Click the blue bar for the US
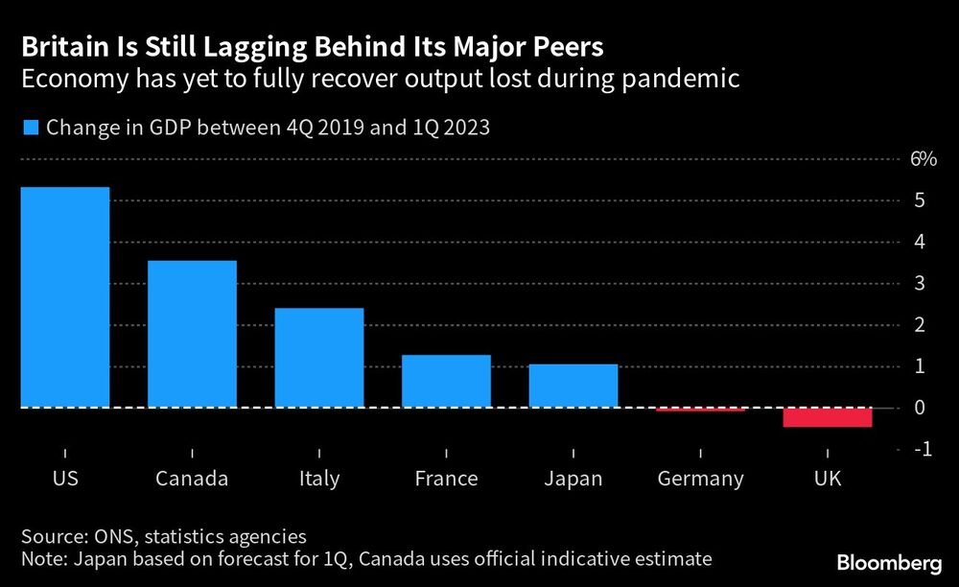pos(64,297)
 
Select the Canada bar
pos(192,334)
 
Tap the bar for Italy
pos(319,358)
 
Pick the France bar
pos(446,381)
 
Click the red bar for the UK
pos(828,417)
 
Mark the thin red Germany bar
pos(700,410)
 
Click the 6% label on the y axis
pos(923,159)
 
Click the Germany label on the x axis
pos(700,479)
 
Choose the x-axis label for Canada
pos(192,479)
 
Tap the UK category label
pos(827,479)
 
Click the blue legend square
pos(29,128)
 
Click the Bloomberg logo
pos(887,562)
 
